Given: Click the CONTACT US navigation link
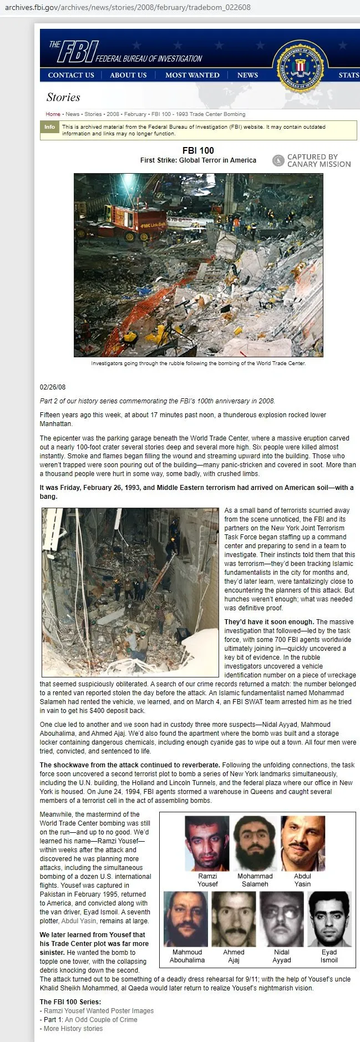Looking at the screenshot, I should point(71,75).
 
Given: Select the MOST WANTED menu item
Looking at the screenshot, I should point(192,75).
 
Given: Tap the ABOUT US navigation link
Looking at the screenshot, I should point(128,75).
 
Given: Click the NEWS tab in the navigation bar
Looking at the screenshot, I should point(247,75).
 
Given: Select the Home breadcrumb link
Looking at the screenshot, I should point(53,114).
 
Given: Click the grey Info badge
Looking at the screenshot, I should point(49,127).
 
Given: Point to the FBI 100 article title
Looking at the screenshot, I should point(198,150).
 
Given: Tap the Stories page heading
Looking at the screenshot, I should point(63,98).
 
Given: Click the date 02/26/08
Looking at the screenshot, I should point(53,387).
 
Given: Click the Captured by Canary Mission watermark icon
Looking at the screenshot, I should point(278,161).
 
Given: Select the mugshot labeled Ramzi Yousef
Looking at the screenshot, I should point(207,843).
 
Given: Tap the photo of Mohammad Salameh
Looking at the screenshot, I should point(255,843).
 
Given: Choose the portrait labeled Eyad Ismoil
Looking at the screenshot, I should point(329,919).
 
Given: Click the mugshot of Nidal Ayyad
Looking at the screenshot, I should point(282,919).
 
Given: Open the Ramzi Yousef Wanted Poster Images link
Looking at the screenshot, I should point(99,1011).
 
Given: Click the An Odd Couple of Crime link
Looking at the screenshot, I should point(101,1020).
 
